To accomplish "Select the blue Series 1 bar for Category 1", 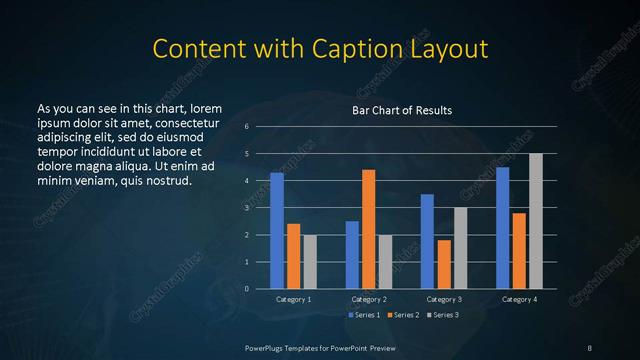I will tap(277, 230).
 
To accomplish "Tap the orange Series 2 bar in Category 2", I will tap(368, 229).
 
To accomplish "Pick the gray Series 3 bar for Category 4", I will tap(535, 221).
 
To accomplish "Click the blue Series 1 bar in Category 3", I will tap(427, 241).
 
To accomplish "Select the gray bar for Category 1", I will tap(309, 261).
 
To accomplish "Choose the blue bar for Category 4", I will tap(502, 227).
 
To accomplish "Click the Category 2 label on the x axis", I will tap(368, 299).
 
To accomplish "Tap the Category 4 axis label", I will tap(518, 299).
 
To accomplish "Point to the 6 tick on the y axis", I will tap(247, 127).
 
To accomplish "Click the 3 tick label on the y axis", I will tap(247, 208).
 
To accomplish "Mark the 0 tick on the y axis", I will tap(247, 288).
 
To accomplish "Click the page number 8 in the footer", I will tap(590, 347).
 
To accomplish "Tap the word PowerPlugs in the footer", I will tap(266, 347).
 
